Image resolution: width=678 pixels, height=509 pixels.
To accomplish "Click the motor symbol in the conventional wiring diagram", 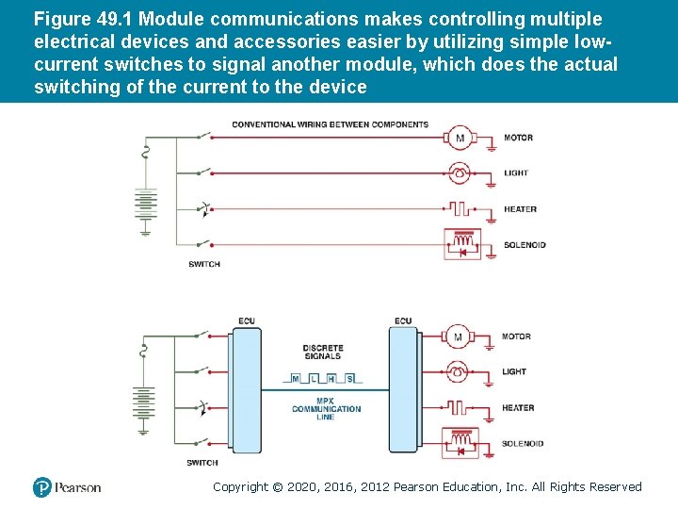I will pyautogui.click(x=460, y=138).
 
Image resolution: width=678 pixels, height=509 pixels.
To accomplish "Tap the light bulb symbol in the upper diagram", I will pyautogui.click(x=460, y=173).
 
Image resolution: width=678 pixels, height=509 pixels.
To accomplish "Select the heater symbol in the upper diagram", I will pyautogui.click(x=460, y=209).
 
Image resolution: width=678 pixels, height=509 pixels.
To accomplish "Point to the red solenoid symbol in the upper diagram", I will pyautogui.click(x=460, y=243).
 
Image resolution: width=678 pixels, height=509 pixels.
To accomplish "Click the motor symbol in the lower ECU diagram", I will pyautogui.click(x=459, y=337).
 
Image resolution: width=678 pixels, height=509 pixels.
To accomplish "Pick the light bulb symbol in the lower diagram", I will pyautogui.click(x=459, y=372).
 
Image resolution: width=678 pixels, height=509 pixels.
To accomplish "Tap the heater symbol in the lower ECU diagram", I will pyautogui.click(x=459, y=408).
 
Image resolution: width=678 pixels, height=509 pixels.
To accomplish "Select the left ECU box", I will pyautogui.click(x=245, y=389).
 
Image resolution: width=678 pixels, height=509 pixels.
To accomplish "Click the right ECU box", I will pyautogui.click(x=404, y=389).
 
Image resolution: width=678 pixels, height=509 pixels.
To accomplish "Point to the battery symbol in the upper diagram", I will pyautogui.click(x=144, y=205).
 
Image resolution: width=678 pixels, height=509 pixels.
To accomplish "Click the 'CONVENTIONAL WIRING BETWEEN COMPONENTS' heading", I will pyautogui.click(x=330, y=124).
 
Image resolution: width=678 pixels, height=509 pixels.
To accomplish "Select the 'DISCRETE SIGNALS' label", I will pyautogui.click(x=323, y=352).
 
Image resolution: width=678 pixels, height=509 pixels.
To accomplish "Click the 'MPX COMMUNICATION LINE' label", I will pyautogui.click(x=326, y=408).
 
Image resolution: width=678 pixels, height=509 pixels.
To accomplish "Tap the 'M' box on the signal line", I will pyautogui.click(x=296, y=379).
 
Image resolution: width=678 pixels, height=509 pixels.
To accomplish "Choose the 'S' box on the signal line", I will pyautogui.click(x=350, y=379).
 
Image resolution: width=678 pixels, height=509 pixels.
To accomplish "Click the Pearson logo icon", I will pyautogui.click(x=42, y=486).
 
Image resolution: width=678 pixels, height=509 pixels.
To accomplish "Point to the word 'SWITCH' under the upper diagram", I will pyautogui.click(x=203, y=264).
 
